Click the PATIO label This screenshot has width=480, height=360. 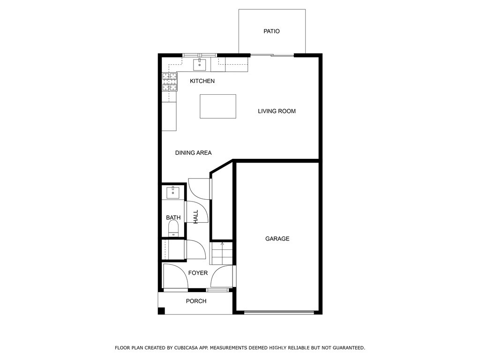[x=271, y=31]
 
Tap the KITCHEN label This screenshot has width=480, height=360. [x=202, y=81]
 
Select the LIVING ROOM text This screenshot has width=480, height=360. [x=277, y=111]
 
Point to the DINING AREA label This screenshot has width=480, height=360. [x=193, y=153]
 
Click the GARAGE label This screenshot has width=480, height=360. [x=277, y=239]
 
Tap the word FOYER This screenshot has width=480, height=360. [x=198, y=273]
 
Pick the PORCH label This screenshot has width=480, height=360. [x=196, y=301]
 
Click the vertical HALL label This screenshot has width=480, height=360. [x=195, y=217]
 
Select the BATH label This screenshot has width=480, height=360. [x=173, y=217]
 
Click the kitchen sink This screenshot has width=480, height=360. [x=199, y=65]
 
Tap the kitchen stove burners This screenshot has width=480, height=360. [x=170, y=82]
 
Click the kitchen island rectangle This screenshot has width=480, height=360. [x=218, y=106]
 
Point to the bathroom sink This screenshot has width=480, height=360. [x=173, y=193]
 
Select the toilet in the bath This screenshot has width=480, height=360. [x=173, y=228]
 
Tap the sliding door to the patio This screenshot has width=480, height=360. [x=272, y=55]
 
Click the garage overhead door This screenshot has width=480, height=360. [x=279, y=313]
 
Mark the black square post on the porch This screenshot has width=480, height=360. [x=161, y=311]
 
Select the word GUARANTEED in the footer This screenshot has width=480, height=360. [x=349, y=348]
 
